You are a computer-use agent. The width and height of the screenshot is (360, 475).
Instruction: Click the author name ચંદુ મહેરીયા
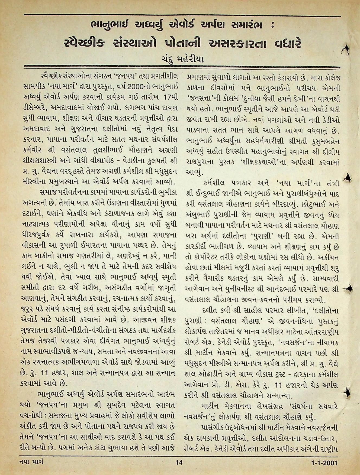click(x=181, y=59)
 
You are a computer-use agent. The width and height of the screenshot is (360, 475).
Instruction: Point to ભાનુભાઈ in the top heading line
click(x=111, y=26)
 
